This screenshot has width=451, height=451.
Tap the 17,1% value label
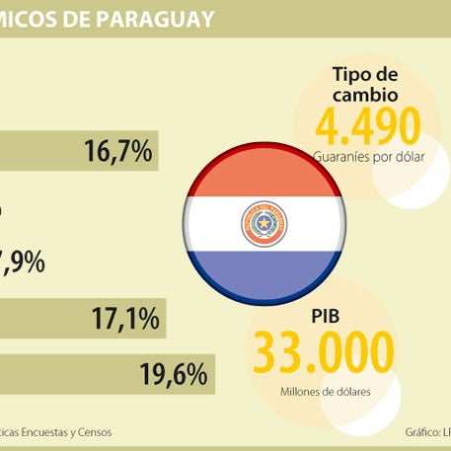(x=126, y=319)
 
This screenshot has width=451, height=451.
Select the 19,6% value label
(x=174, y=375)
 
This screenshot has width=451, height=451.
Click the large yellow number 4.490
(x=367, y=125)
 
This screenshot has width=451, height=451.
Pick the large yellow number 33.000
(x=324, y=353)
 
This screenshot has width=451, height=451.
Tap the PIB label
(x=325, y=317)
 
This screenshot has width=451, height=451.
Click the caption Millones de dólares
(x=325, y=392)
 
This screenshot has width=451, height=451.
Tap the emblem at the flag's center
(x=263, y=224)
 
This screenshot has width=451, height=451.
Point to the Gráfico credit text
(x=426, y=432)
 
